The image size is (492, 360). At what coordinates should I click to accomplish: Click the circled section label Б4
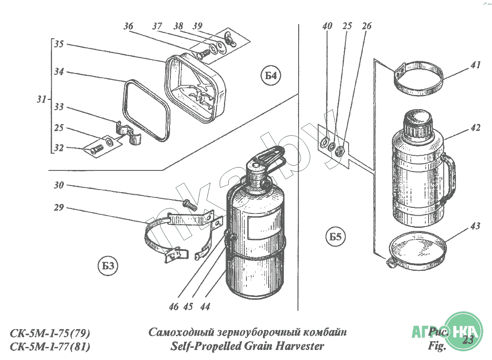click(271, 77)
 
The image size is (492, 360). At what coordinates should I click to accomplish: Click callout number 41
click(475, 66)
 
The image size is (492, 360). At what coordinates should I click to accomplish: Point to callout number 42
click(475, 128)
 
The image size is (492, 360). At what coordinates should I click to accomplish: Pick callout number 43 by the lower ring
click(475, 227)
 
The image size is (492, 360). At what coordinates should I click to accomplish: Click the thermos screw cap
click(417, 122)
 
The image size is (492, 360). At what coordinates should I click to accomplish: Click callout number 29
click(59, 208)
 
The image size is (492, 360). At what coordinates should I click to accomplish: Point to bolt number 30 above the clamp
click(190, 204)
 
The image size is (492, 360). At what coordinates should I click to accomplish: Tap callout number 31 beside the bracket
click(41, 100)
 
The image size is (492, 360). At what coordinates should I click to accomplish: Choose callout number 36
click(128, 27)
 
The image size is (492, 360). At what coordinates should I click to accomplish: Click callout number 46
click(174, 307)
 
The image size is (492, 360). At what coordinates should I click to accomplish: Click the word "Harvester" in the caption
click(299, 347)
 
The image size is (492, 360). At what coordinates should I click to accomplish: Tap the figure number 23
click(468, 340)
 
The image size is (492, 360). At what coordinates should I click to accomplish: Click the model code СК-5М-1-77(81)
click(50, 347)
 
